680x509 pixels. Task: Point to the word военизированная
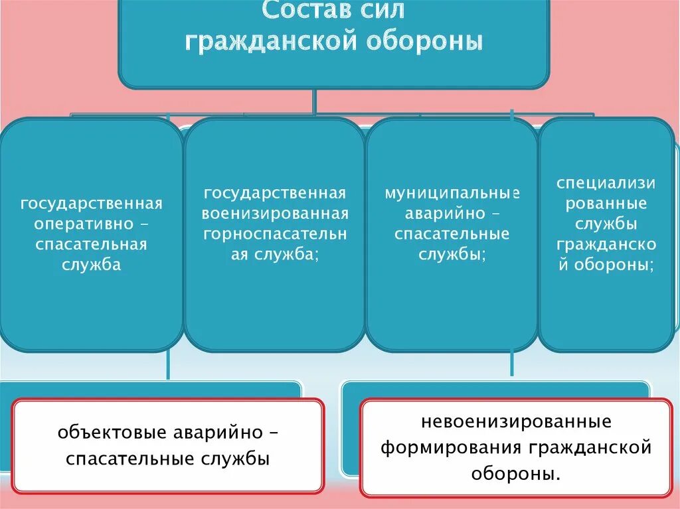275,214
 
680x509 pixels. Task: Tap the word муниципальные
452,193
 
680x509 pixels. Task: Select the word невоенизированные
515,422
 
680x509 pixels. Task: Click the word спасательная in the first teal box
91,245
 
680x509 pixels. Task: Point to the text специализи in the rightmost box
606,182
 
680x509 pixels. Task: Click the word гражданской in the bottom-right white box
589,448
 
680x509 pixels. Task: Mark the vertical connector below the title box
314,101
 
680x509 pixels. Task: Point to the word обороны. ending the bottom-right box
515,474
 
